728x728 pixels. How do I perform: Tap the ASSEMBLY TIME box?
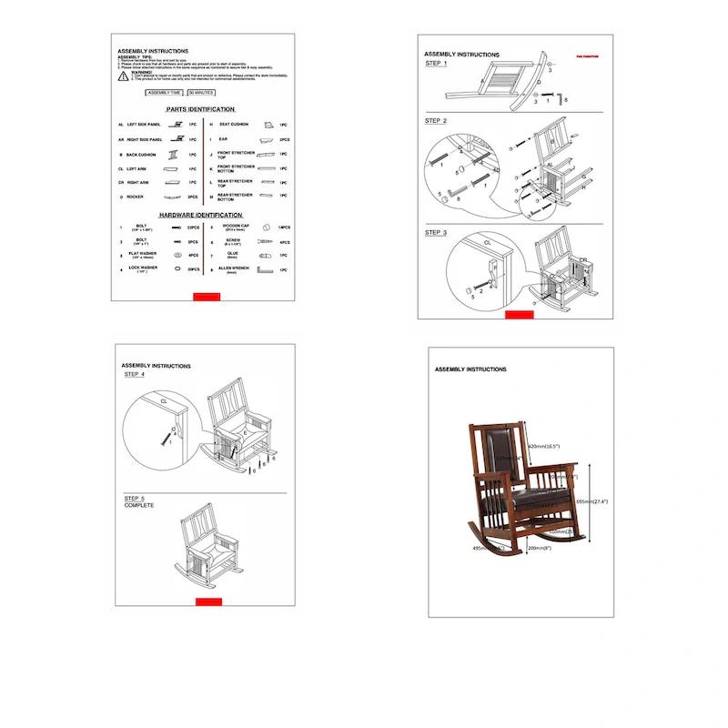[x=165, y=93]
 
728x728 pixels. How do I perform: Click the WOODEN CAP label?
[x=236, y=227]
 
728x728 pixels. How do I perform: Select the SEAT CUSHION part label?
[x=234, y=124]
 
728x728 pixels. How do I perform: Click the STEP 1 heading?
[x=436, y=64]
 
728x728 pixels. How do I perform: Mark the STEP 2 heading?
[x=436, y=121]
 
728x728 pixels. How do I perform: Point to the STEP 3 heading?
[x=436, y=233]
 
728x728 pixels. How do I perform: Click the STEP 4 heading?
[x=135, y=374]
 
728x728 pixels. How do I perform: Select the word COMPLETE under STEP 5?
[x=139, y=505]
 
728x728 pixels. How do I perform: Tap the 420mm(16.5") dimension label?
[x=544, y=447]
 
